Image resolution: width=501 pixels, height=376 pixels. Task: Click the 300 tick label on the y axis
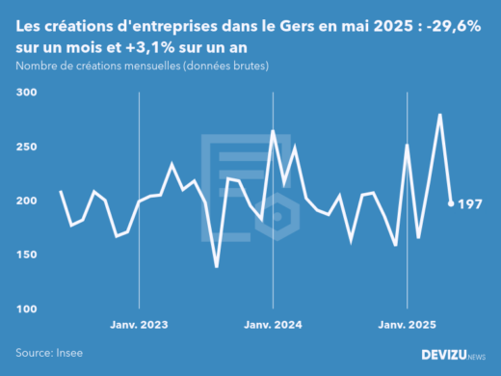25,93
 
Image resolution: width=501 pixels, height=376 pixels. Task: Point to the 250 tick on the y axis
25,147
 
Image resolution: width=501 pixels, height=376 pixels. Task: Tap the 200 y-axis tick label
25,201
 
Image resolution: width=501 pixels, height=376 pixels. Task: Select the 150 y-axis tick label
25,255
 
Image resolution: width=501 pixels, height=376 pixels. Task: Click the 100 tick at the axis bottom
25,309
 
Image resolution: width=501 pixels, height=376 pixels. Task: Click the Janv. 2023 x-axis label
141,325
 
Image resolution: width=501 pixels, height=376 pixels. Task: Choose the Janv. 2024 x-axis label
274,325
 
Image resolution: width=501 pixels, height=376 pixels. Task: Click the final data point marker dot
451,203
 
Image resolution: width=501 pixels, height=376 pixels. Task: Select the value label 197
470,203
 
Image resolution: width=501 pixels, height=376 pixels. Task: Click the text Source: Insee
47,353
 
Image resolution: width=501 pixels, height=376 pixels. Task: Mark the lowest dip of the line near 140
217,267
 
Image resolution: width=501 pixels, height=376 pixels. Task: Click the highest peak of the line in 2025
440,115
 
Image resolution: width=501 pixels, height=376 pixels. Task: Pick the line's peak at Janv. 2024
273,131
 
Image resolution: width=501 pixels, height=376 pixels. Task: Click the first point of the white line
61,191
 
